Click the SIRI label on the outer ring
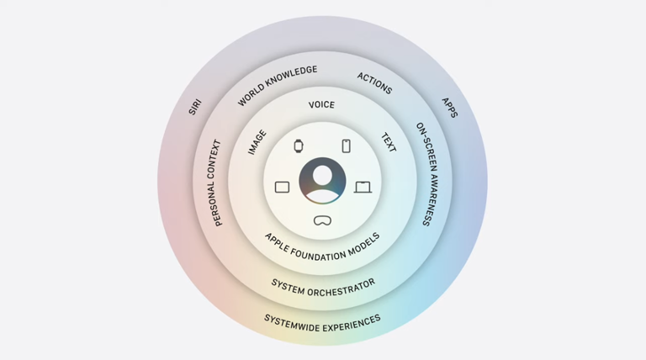pos(195,107)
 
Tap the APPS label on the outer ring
pos(450,108)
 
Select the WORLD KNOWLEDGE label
pos(278,85)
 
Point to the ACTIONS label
pos(374,82)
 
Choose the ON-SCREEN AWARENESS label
pos(427,174)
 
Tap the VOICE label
pos(321,105)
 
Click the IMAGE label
pos(257,142)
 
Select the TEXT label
pos(389,142)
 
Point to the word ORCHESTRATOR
pos(342,288)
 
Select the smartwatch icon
pos(299,146)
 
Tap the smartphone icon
pos(347,146)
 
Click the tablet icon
pos(283,187)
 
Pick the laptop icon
pos(363,187)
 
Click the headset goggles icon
pos(322,220)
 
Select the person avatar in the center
pos(323,180)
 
